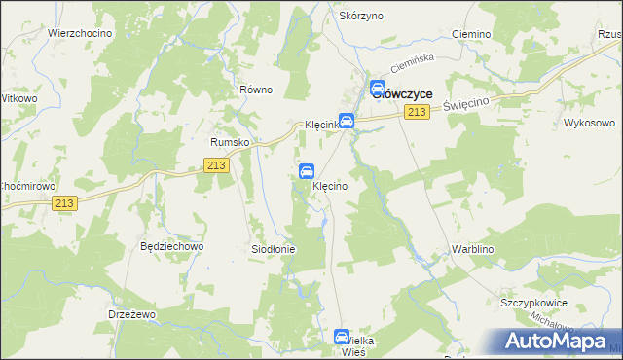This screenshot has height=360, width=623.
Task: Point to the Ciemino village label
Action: pos(471,34)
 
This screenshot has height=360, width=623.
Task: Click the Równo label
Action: pos(256,90)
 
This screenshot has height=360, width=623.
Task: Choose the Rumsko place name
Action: pos(231,141)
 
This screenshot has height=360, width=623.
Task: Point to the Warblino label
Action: pos(474,249)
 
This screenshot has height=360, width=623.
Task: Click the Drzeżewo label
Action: pos(132,315)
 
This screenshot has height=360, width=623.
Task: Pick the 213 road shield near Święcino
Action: pos(417,114)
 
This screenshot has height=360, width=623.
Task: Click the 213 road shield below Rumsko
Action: pos(218,167)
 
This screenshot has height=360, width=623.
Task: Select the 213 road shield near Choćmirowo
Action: pos(65,202)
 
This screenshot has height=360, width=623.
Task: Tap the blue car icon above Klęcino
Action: pos(307,172)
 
